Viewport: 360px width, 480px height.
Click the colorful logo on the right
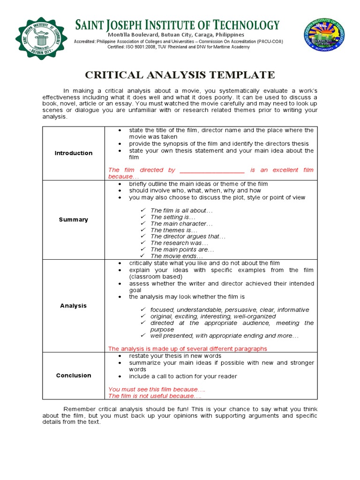point(323,39)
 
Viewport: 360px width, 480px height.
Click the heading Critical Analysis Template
point(180,75)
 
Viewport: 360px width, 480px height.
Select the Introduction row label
point(74,153)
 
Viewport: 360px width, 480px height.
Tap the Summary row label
point(74,220)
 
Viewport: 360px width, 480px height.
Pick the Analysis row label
point(74,306)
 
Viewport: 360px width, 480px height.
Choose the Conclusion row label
point(74,375)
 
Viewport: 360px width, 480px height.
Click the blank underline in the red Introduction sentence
point(212,170)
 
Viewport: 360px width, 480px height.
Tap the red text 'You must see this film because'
point(157,390)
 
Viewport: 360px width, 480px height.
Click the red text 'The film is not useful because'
point(152,396)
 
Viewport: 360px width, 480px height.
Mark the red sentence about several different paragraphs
point(187,349)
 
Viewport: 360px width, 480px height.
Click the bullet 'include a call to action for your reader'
point(183,376)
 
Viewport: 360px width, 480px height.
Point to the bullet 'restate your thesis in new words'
point(174,356)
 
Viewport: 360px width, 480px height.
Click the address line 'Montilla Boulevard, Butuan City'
point(176,35)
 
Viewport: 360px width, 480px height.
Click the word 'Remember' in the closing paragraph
point(79,409)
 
